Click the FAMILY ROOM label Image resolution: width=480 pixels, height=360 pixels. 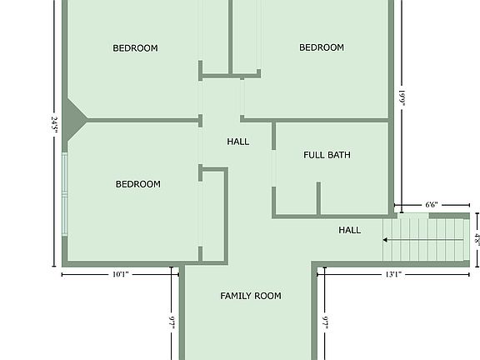(x=250, y=296)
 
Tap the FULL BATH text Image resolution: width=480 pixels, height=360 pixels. (x=327, y=155)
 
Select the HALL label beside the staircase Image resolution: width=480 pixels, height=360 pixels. (x=350, y=230)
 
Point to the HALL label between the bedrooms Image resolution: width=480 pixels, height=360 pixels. (x=238, y=142)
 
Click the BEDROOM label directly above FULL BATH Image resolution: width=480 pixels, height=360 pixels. (x=322, y=47)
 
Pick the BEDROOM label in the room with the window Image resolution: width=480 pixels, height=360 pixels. (x=138, y=184)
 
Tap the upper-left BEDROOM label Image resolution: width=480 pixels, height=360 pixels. (x=135, y=48)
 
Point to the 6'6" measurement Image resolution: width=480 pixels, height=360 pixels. (x=432, y=204)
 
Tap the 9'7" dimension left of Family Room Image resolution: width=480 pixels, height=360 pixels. (x=172, y=321)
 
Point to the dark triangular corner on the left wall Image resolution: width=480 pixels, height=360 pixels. (x=72, y=122)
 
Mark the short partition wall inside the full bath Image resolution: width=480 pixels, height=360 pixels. (x=318, y=198)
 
